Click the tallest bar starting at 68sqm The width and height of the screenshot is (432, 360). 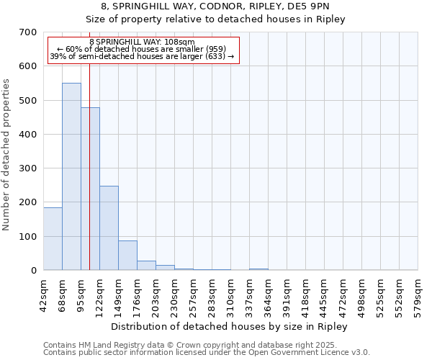point(71,176)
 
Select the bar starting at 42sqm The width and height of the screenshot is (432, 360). point(53,238)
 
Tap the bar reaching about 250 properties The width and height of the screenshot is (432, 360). point(109,228)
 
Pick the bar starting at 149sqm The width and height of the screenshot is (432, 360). point(127,255)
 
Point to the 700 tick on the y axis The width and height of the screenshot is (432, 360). point(28,32)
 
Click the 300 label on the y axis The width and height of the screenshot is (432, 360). point(28,168)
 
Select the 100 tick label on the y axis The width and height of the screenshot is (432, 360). point(28,237)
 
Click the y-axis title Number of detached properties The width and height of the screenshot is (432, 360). point(6,155)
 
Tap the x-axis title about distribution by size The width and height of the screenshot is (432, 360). point(230,326)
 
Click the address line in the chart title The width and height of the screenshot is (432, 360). point(216,6)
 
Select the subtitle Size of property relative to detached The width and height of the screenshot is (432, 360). point(216,19)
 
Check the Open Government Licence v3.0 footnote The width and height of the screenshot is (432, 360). point(206,353)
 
